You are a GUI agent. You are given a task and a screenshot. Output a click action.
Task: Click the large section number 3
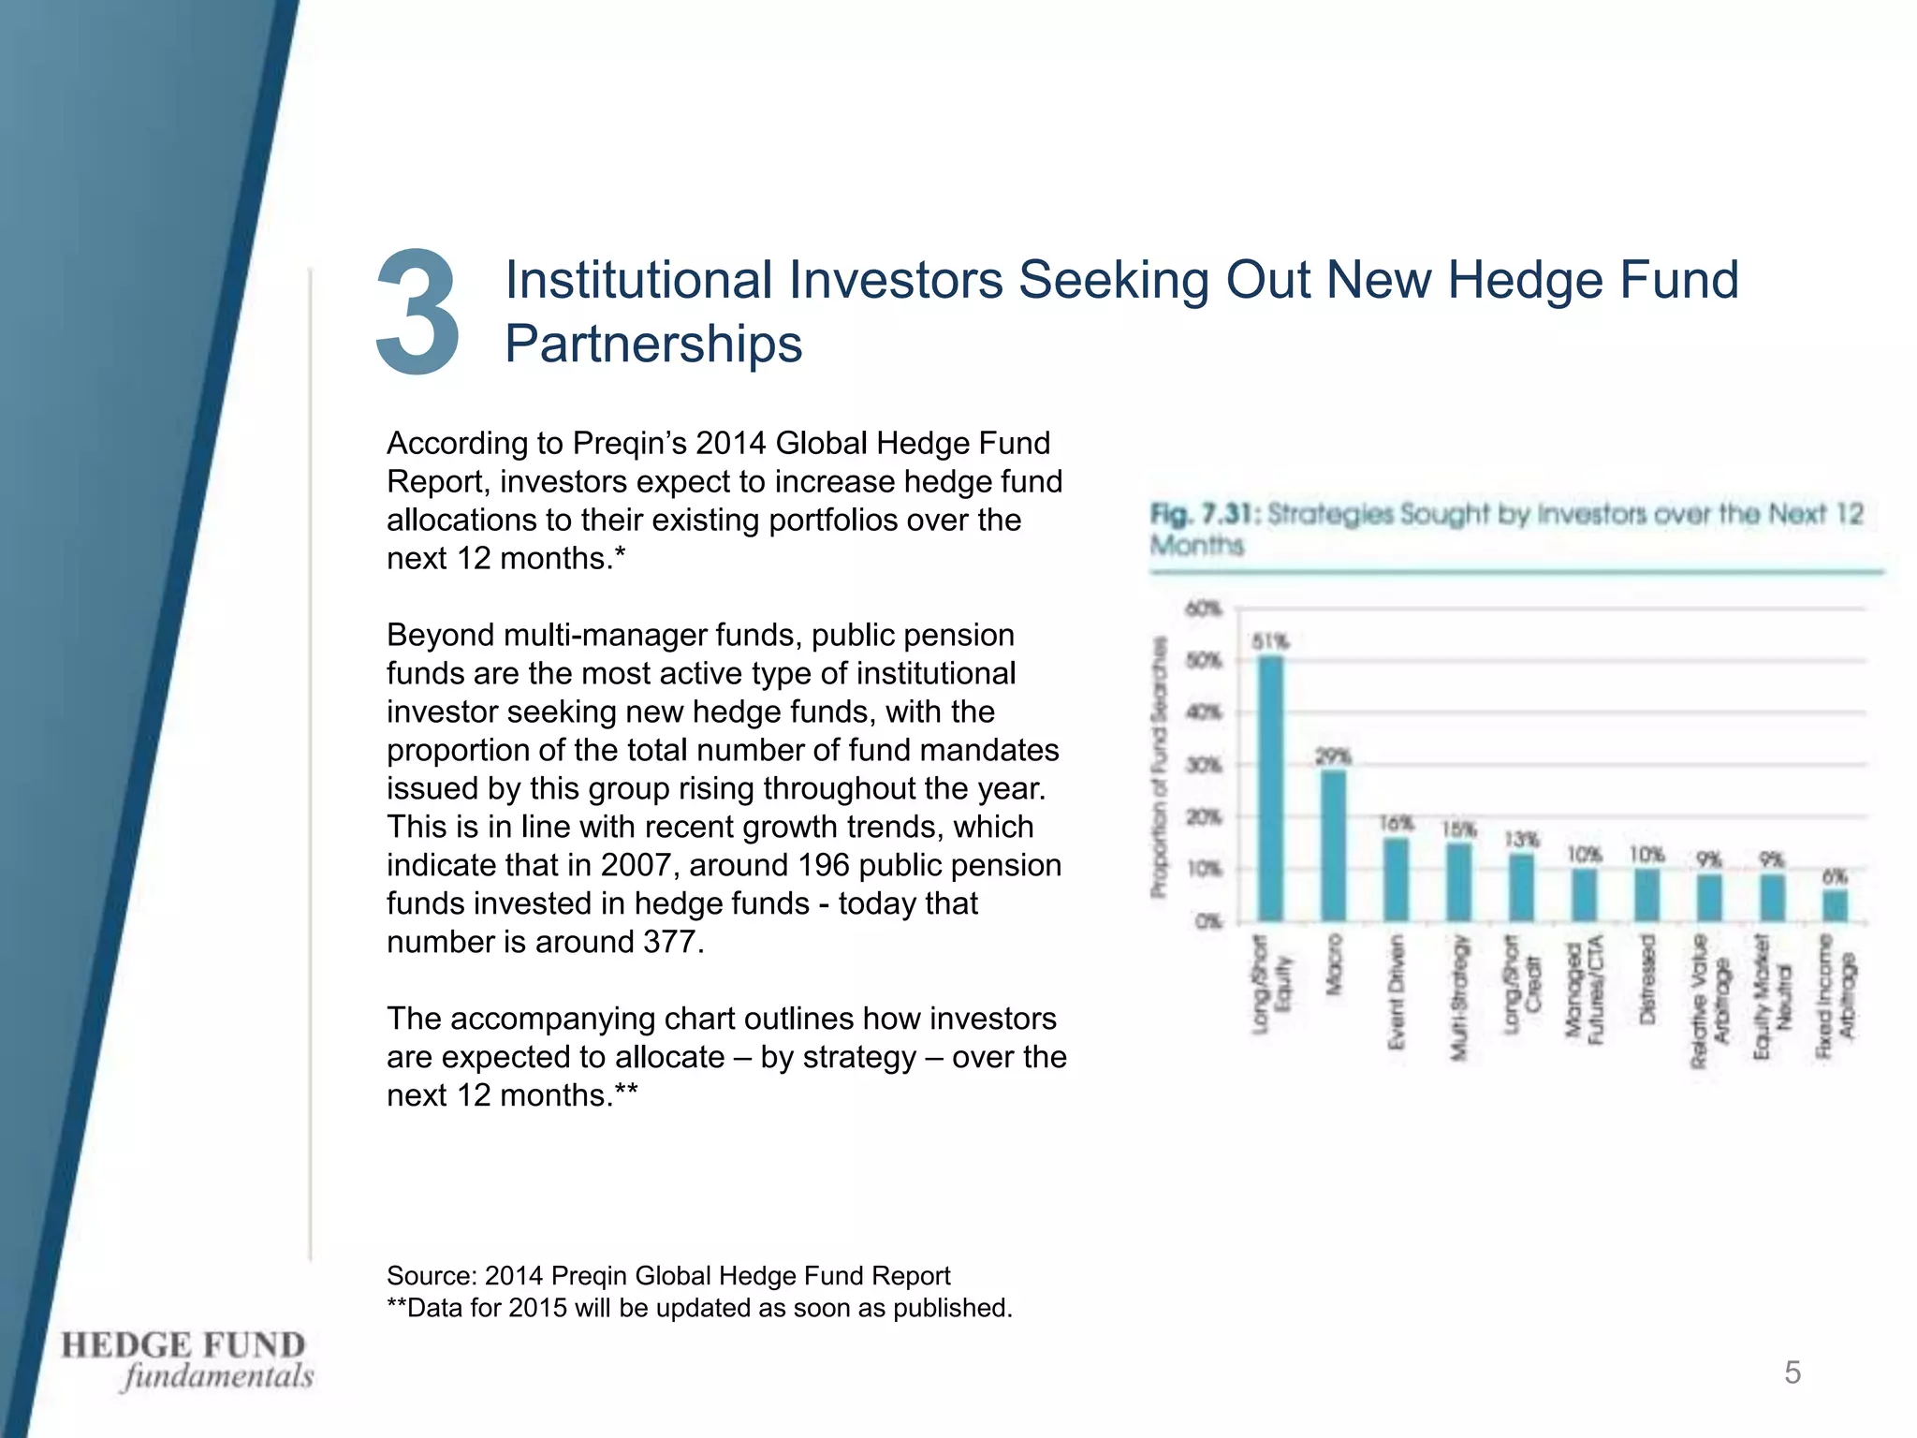(x=417, y=313)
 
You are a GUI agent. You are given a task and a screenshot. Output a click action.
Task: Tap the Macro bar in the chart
(x=1333, y=845)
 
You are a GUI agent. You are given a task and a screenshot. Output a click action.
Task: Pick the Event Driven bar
(x=1396, y=879)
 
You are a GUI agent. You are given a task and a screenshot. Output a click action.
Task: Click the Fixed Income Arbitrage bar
(x=1836, y=905)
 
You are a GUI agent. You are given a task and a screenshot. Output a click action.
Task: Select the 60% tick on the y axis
(x=1204, y=609)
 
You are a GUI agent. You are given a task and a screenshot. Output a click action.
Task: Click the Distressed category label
(x=1647, y=977)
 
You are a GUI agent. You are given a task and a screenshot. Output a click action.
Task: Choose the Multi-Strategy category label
(x=1458, y=997)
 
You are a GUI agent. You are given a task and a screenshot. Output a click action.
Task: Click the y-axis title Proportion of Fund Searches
(x=1160, y=767)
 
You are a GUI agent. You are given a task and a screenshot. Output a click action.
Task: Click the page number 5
(x=1793, y=1372)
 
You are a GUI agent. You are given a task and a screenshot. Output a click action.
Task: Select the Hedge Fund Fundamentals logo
(x=187, y=1360)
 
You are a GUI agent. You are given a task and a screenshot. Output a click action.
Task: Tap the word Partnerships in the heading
(x=653, y=344)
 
